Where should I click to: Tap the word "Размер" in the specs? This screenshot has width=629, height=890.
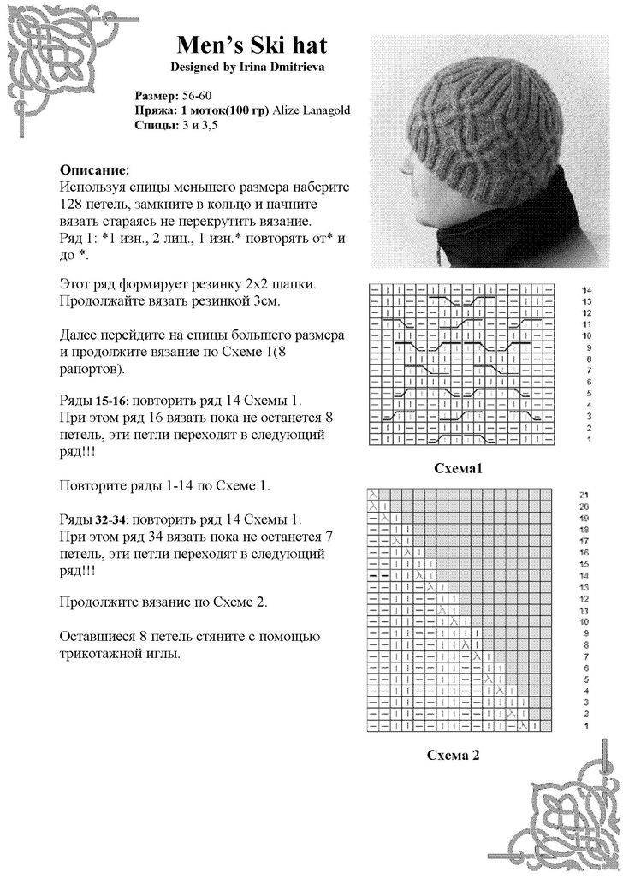(157, 95)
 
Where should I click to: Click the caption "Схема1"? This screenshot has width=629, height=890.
(460, 468)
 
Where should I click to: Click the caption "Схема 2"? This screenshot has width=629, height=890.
(453, 755)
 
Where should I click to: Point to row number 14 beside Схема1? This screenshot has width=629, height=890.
(586, 291)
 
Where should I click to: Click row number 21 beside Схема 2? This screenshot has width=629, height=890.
(584, 495)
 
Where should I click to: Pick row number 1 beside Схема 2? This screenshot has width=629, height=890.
(585, 726)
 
